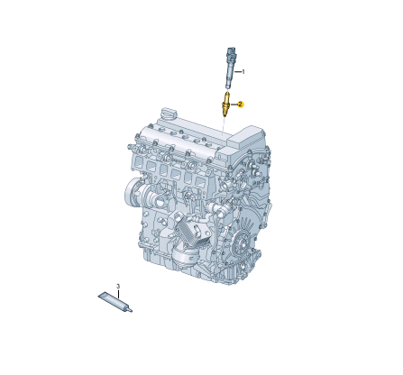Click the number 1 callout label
[x=243, y=71]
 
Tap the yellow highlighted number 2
[x=241, y=105]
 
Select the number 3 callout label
[x=117, y=286]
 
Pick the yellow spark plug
[x=227, y=104]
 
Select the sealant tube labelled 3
[x=114, y=301]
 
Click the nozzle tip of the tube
[x=129, y=309]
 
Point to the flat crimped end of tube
[x=102, y=295]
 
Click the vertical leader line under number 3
[x=117, y=293]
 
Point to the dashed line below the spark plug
[x=225, y=127]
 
